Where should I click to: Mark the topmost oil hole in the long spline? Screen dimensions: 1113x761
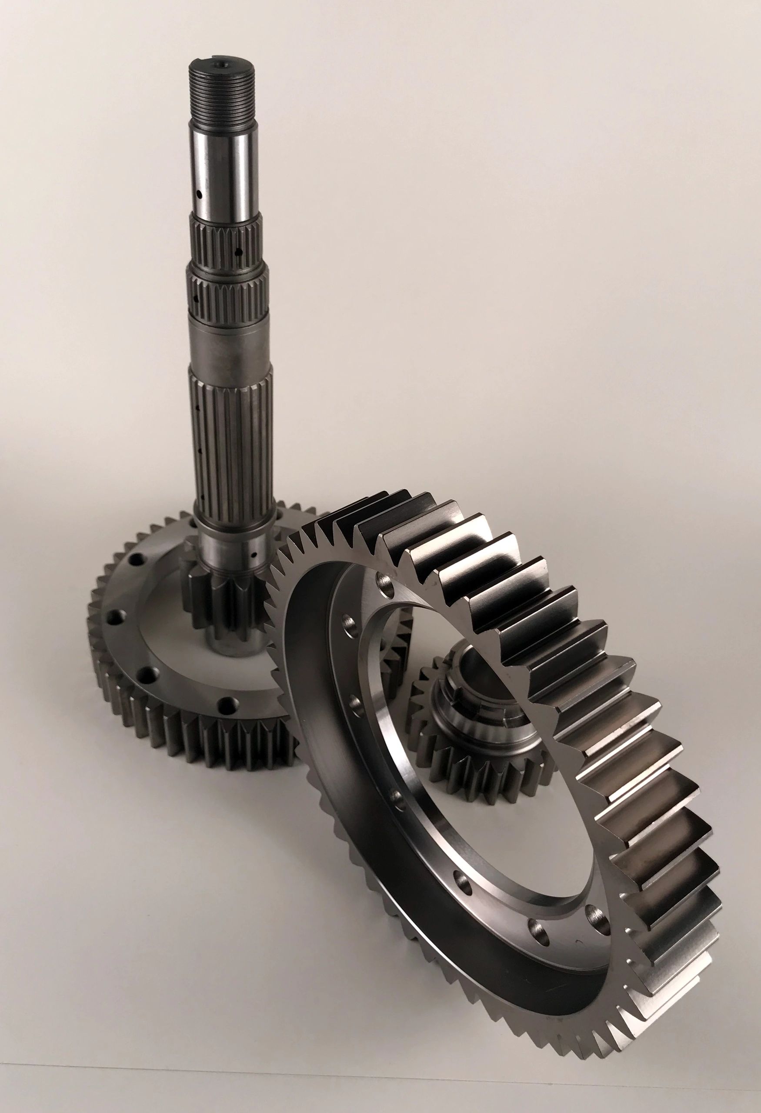coord(198,409)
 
